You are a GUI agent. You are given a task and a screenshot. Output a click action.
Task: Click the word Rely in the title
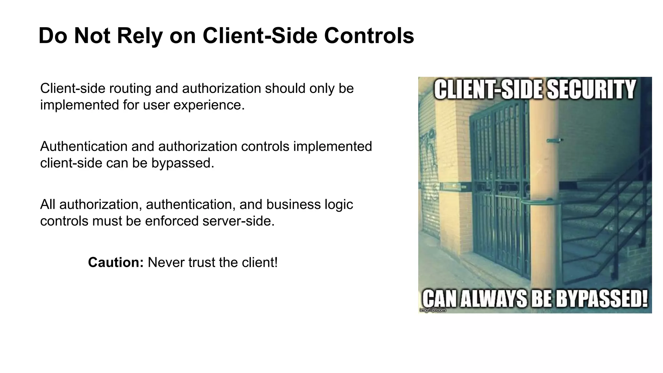pos(140,36)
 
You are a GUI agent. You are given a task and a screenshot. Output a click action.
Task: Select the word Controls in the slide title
pos(369,36)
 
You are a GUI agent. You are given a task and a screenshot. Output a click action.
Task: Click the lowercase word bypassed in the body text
pos(183,163)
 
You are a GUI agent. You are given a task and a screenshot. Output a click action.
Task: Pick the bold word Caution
pos(116,262)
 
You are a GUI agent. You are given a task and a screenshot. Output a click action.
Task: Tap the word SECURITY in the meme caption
pos(591,90)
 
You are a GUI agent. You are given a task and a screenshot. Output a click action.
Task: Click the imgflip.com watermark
pos(433,310)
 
